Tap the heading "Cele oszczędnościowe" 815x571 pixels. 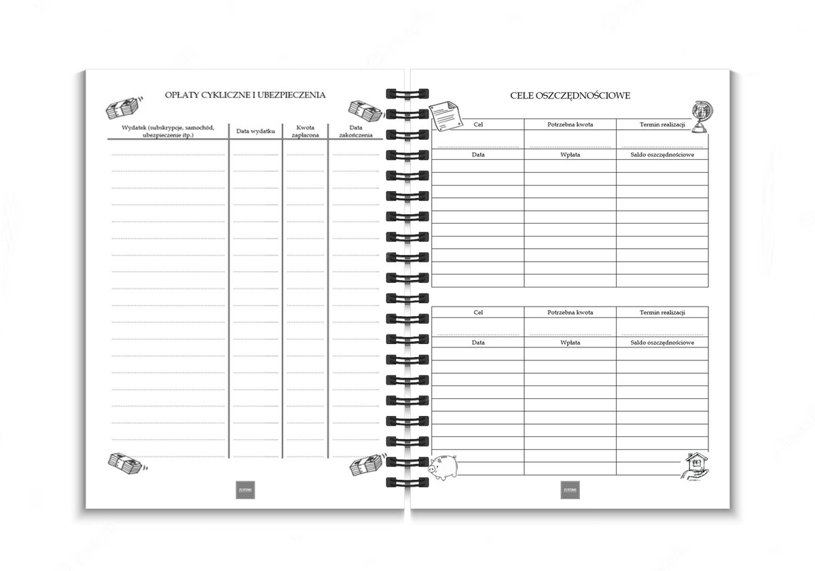pyautogui.click(x=570, y=95)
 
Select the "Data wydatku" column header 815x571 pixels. pyautogui.click(x=255, y=131)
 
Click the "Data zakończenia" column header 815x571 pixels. pyautogui.click(x=356, y=131)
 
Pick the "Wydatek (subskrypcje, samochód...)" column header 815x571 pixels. pyautogui.click(x=168, y=131)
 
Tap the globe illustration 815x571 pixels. pyautogui.click(x=699, y=117)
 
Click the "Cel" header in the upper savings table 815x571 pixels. pyautogui.click(x=478, y=124)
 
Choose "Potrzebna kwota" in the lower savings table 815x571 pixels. pyautogui.click(x=570, y=313)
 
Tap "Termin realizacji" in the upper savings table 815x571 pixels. pyautogui.click(x=662, y=124)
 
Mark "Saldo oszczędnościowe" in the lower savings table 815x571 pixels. pyautogui.click(x=662, y=343)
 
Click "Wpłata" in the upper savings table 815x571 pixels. pyautogui.click(x=570, y=155)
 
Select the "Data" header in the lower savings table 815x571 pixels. pyautogui.click(x=478, y=343)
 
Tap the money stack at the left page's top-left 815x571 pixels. pyautogui.click(x=123, y=107)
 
